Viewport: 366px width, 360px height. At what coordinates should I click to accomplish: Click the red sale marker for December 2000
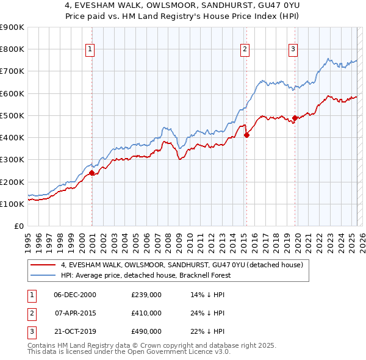(92, 173)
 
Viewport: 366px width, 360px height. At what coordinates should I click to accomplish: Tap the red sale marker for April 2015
(246, 135)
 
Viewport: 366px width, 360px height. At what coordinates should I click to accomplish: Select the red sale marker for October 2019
(295, 118)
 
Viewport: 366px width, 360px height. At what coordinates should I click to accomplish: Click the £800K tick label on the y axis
(12, 49)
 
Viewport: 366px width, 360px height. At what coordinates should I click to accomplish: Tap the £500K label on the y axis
(12, 115)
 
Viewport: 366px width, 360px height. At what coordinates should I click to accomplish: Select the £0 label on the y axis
(19, 226)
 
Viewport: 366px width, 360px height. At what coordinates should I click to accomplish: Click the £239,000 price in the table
(146, 294)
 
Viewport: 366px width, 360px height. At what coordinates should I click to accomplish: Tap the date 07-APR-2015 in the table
(76, 313)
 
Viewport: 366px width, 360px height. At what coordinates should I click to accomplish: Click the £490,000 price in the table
(146, 331)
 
